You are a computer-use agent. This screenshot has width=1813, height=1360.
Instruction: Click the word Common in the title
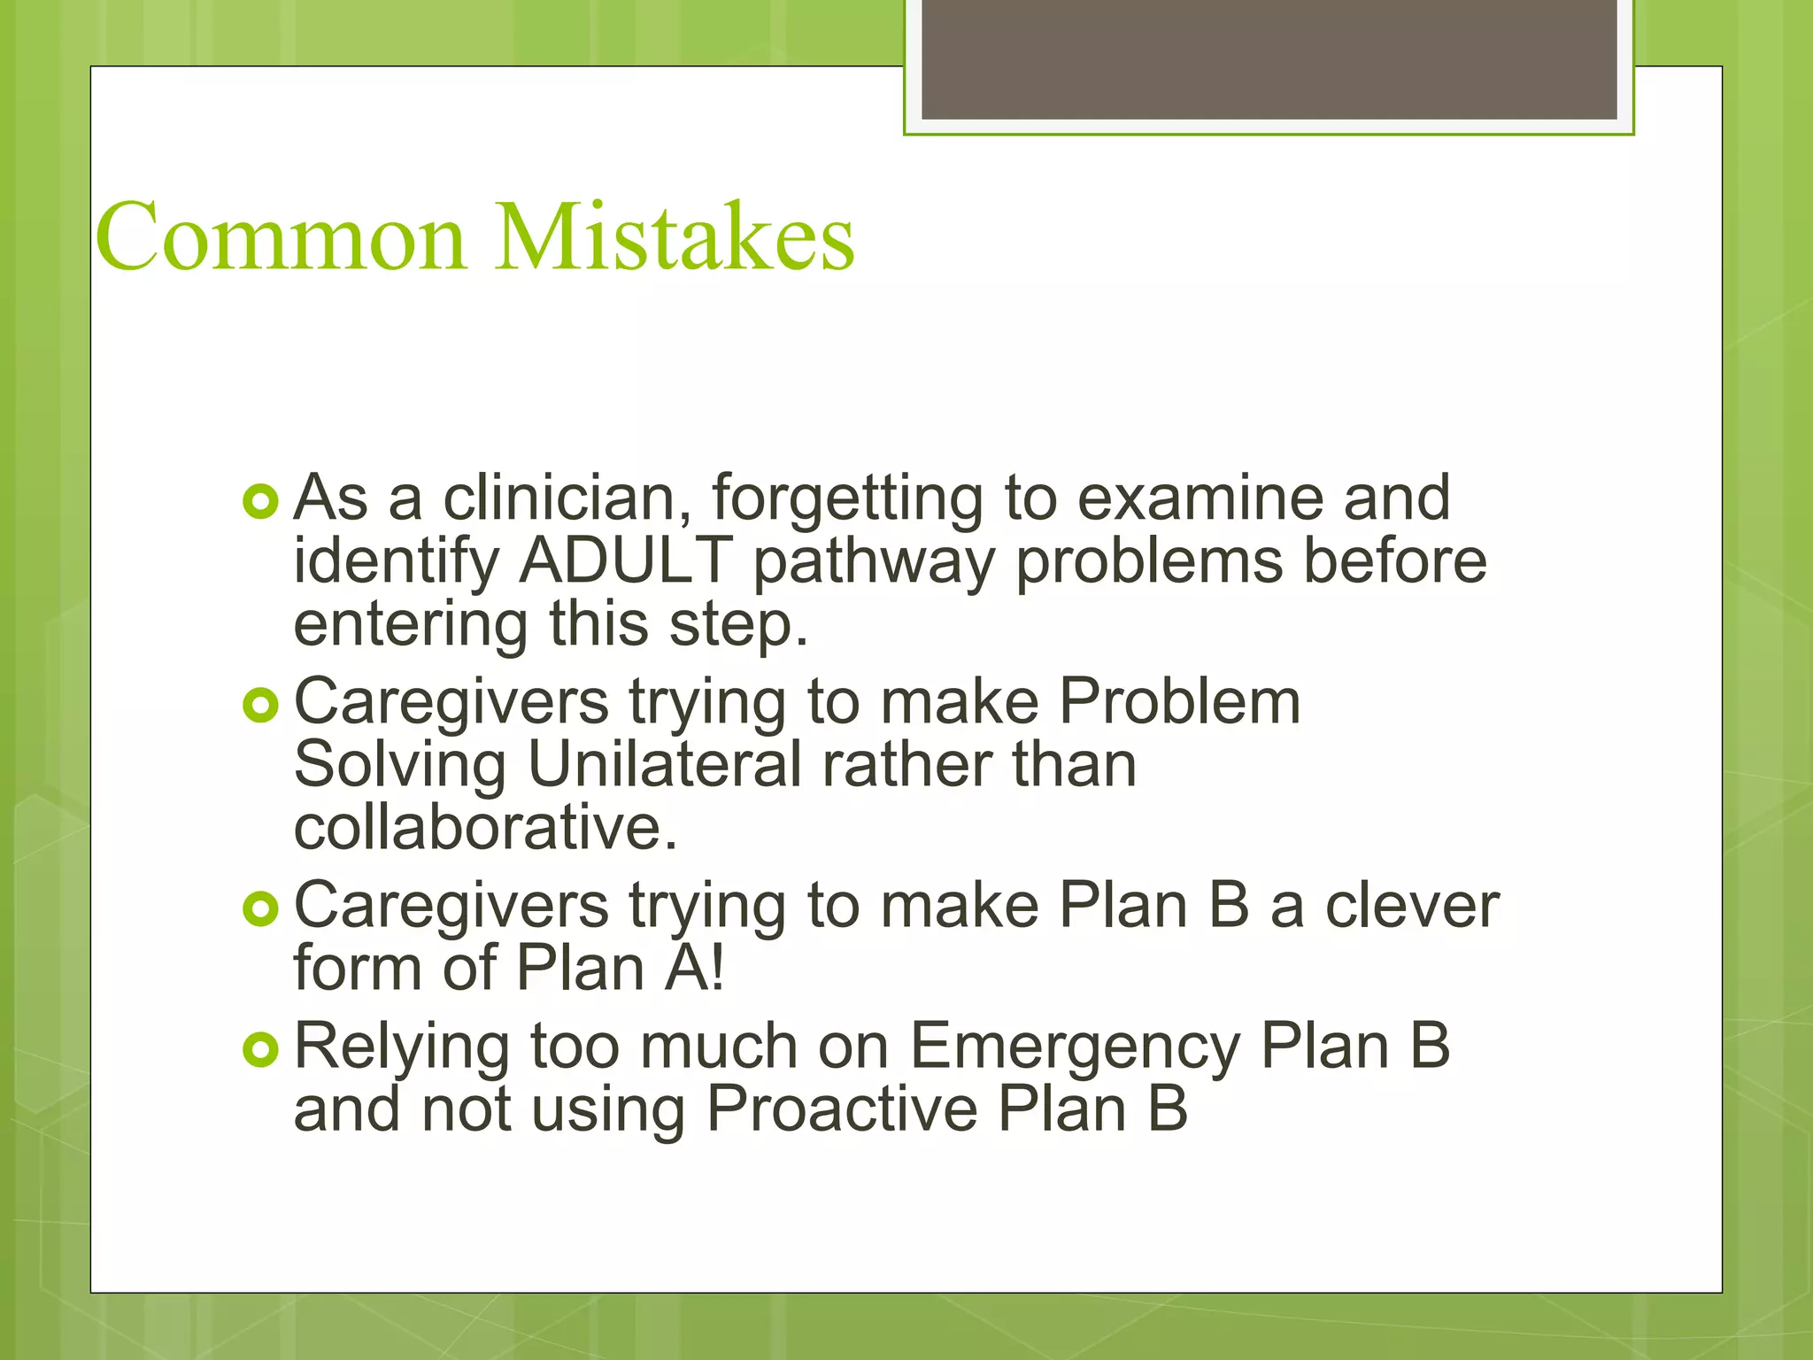(280, 237)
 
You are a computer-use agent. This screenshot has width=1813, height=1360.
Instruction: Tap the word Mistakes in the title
(675, 237)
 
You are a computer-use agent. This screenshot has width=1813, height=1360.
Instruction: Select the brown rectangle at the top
(1269, 59)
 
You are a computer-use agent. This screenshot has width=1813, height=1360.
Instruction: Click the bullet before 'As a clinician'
(260, 502)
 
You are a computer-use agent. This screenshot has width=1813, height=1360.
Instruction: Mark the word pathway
(874, 564)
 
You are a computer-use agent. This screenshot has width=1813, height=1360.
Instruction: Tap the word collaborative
(485, 828)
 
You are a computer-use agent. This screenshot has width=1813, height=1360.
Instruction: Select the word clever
(1412, 906)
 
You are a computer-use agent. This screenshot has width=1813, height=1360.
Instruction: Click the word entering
(410, 626)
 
